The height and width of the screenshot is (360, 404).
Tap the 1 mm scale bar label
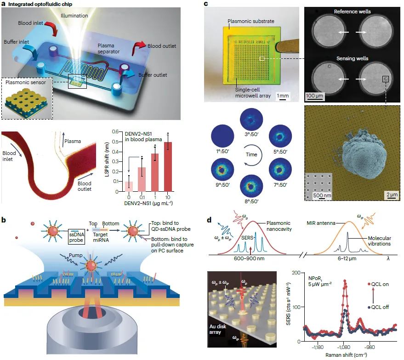[282, 95]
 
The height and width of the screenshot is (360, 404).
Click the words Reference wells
[352, 11]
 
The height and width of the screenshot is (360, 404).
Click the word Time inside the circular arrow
[251, 154]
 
